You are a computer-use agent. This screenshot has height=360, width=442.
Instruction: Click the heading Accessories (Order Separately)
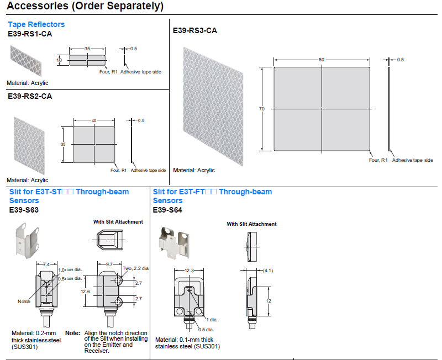(x=86, y=7)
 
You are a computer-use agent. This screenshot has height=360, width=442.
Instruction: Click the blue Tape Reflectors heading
(x=36, y=24)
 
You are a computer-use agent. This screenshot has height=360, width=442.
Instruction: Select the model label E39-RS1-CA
(x=30, y=33)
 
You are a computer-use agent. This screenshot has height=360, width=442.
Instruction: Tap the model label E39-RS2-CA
(x=30, y=96)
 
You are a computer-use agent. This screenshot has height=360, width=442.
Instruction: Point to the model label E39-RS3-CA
(x=195, y=30)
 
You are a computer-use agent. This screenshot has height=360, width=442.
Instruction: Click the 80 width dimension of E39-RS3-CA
(x=321, y=60)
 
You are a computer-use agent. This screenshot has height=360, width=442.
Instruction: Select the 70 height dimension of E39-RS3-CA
(x=262, y=109)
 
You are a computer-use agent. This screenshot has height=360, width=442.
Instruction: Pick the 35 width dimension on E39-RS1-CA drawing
(x=87, y=49)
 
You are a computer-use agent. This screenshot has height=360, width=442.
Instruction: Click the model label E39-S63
(x=24, y=210)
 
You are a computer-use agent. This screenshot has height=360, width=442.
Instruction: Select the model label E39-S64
(x=167, y=210)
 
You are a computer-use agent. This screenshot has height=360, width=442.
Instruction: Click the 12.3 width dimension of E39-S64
(x=189, y=270)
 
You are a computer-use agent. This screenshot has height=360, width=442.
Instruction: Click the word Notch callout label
(x=24, y=301)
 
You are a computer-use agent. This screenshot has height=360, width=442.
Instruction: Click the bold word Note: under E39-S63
(x=72, y=333)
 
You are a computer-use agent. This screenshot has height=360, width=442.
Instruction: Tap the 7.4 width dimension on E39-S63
(x=46, y=264)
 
